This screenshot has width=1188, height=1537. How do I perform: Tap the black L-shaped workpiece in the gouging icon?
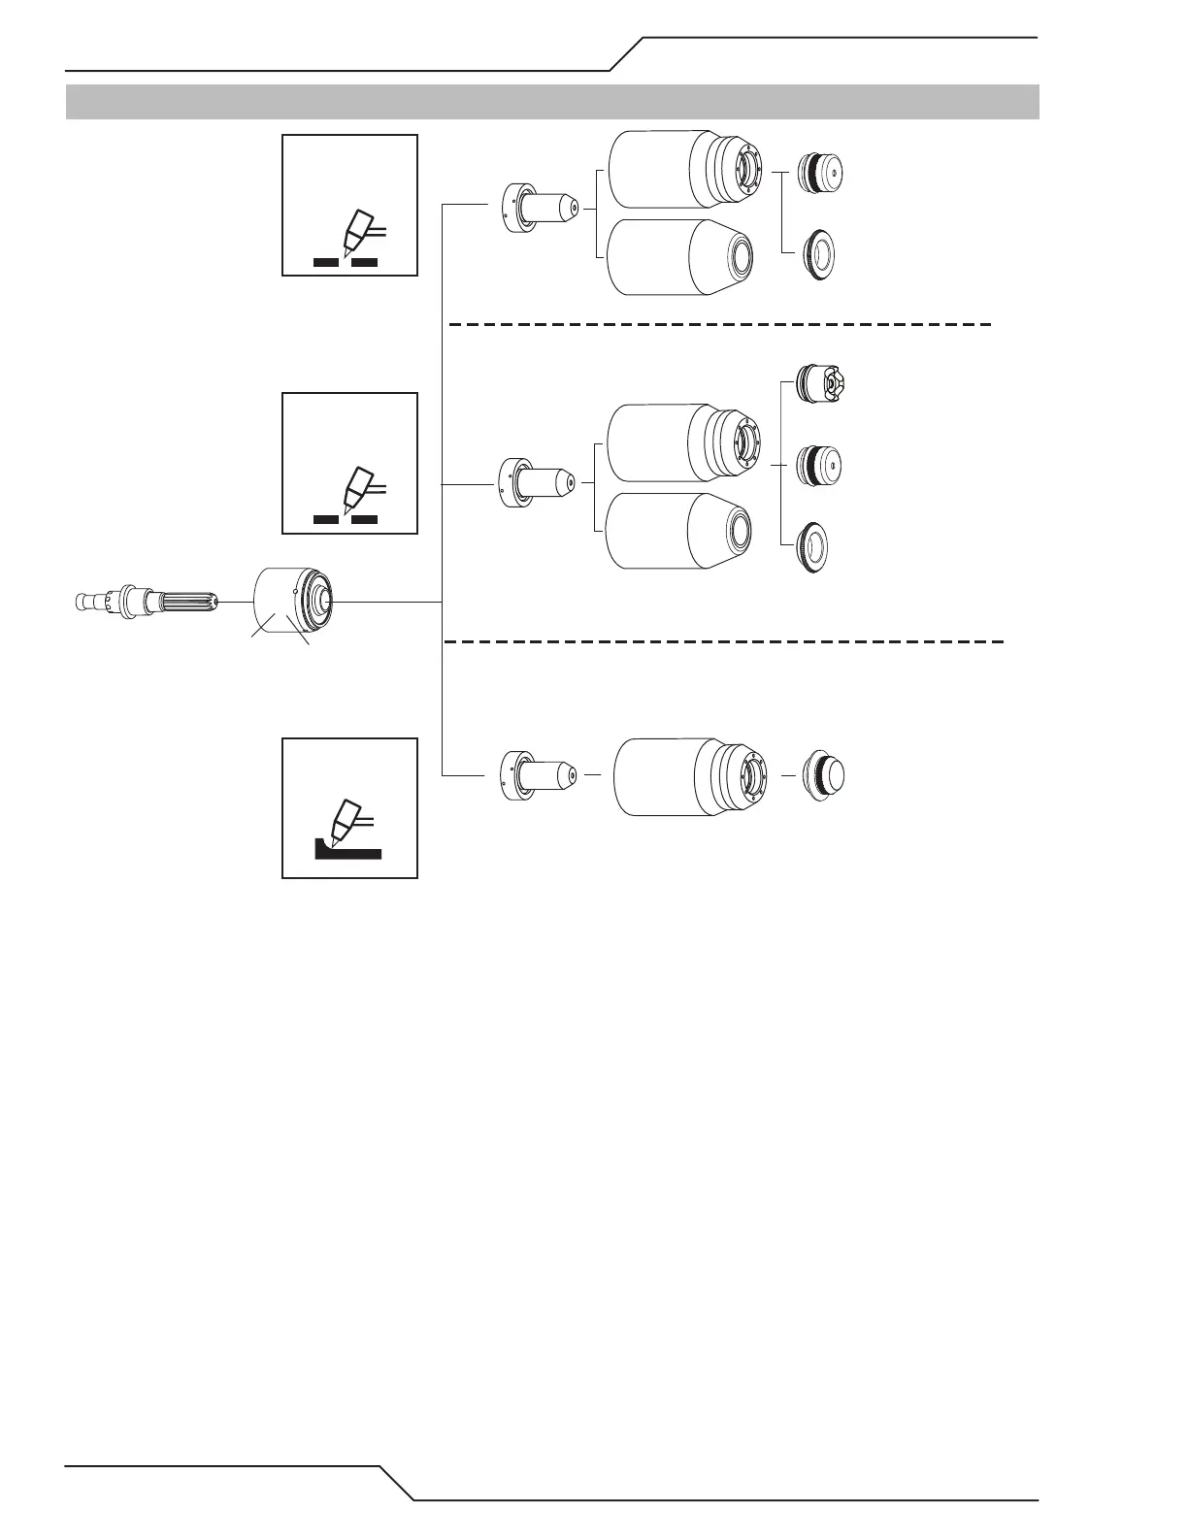coord(347,851)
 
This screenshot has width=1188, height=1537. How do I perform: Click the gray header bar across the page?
coord(552,102)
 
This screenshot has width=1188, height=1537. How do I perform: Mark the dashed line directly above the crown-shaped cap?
coord(718,324)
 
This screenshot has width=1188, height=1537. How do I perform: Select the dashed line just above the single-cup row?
coord(723,642)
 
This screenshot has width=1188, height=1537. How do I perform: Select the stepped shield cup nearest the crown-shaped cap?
coord(684,443)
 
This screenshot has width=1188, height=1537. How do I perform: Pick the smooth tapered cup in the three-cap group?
coord(679,531)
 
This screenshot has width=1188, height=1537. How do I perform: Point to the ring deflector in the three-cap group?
coord(816,547)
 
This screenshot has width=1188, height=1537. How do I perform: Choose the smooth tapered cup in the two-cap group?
coord(680,256)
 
